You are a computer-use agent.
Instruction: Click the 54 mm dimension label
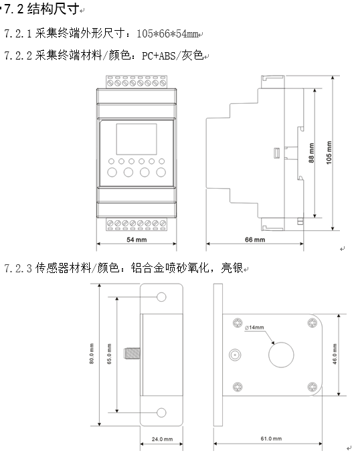(x=137, y=240)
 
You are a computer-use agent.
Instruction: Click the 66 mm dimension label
(x=255, y=240)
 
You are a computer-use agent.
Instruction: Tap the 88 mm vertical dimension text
(x=311, y=153)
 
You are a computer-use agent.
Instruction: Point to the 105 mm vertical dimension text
(x=329, y=153)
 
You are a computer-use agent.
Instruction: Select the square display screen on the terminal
(x=137, y=139)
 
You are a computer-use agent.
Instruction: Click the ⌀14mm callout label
(x=254, y=328)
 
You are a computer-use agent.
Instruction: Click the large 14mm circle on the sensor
(x=281, y=355)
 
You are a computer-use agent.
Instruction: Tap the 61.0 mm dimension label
(x=271, y=438)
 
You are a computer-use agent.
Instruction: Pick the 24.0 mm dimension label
(x=162, y=439)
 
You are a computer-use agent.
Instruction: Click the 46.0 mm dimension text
(x=335, y=354)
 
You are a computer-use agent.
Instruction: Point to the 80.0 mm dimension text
(x=92, y=353)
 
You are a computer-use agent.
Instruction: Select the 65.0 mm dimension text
(x=109, y=354)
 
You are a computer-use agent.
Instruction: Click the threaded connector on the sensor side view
(x=132, y=353)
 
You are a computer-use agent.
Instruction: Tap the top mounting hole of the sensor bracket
(x=161, y=297)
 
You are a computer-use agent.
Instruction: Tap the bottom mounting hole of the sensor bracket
(x=161, y=412)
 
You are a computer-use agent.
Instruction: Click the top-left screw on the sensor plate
(x=238, y=323)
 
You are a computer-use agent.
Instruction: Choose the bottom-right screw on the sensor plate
(x=312, y=387)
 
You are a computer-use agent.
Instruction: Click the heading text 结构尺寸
(x=54, y=9)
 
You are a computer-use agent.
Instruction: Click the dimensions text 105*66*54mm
(x=167, y=33)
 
